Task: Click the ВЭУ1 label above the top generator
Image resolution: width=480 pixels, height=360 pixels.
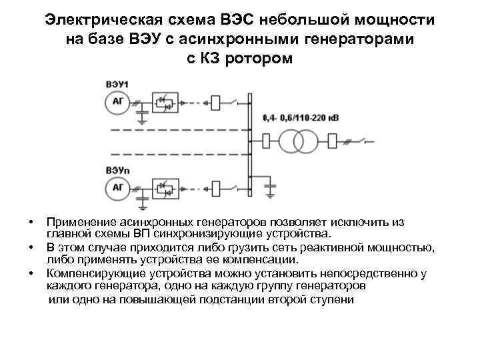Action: pyautogui.click(x=117, y=83)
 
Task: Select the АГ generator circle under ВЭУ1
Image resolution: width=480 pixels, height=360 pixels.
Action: pyautogui.click(x=117, y=102)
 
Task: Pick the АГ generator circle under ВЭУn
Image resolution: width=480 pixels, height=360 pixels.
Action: pyautogui.click(x=117, y=189)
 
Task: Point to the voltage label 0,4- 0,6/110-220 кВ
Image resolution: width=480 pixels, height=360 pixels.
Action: pyautogui.click(x=301, y=118)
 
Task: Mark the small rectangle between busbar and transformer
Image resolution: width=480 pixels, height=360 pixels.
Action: pyautogui.click(x=266, y=141)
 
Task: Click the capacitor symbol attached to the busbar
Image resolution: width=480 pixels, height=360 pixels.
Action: pyautogui.click(x=270, y=182)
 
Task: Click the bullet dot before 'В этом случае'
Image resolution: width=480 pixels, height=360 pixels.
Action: pyautogui.click(x=31, y=248)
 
